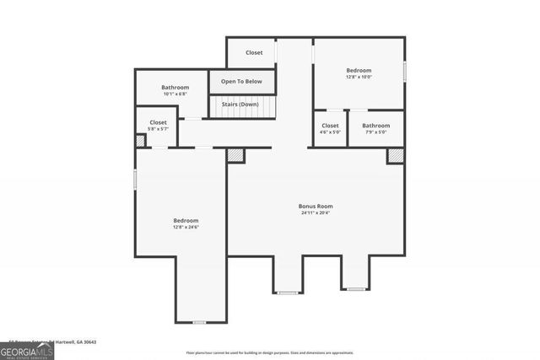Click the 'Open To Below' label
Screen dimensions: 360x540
pos(241,82)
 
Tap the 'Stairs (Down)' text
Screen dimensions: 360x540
pos(242,104)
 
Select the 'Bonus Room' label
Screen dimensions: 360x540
pos(316,206)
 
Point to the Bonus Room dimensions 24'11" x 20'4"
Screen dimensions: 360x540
pos(316,212)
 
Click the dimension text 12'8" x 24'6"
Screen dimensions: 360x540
pos(186,227)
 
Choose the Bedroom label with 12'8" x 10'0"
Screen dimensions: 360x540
pos(359,71)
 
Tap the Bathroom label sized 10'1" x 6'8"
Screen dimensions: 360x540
pos(175,88)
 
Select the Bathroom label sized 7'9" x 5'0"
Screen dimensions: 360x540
pos(376,126)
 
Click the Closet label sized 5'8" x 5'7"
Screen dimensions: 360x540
pos(159,122)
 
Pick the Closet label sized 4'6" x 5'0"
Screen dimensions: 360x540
pos(330,126)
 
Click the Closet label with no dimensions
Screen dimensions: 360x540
pos(254,52)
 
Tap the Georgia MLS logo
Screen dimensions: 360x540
pos(27,352)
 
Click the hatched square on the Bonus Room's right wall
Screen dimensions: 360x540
pos(395,156)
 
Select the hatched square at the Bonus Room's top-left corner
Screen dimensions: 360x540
pos(235,155)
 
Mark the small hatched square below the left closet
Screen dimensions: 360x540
pos(140,142)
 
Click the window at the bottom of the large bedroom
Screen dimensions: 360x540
pos(199,322)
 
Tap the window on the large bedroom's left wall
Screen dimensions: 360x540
pos(136,180)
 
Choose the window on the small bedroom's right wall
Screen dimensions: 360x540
pos(405,72)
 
